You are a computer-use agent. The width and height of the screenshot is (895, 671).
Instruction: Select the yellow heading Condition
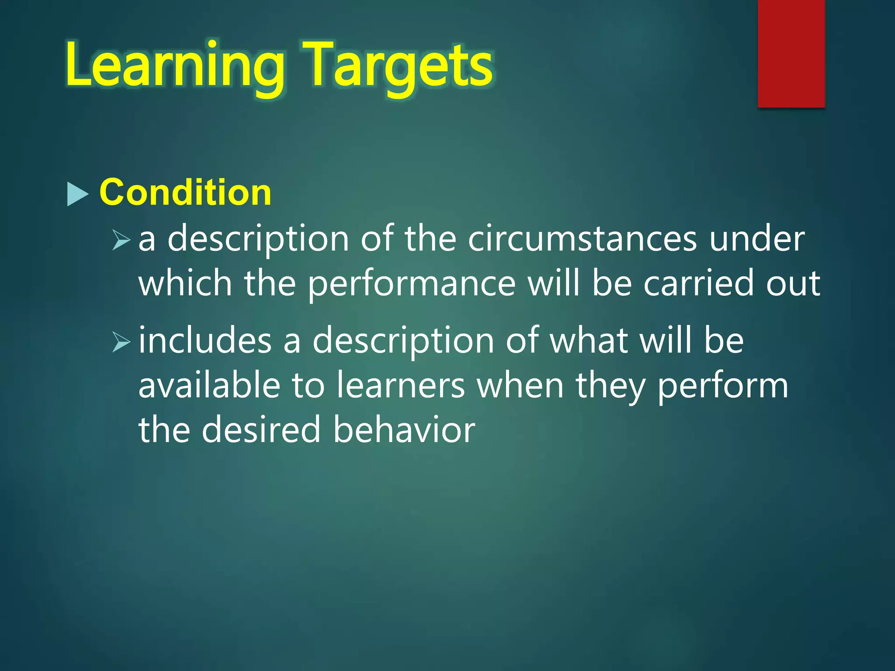[x=185, y=192]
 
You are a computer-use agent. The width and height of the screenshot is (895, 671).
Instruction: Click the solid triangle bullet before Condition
[x=78, y=194]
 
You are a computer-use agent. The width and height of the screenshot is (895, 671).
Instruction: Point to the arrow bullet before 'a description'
[x=121, y=240]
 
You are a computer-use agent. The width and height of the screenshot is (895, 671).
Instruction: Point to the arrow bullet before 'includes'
[x=121, y=342]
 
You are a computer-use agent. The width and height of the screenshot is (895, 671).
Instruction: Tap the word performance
[x=412, y=284]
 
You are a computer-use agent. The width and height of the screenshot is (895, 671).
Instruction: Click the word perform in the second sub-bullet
[x=723, y=387]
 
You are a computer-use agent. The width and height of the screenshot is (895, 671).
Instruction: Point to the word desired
[x=261, y=430]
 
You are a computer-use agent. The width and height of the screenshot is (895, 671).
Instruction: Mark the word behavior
[x=404, y=430]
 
